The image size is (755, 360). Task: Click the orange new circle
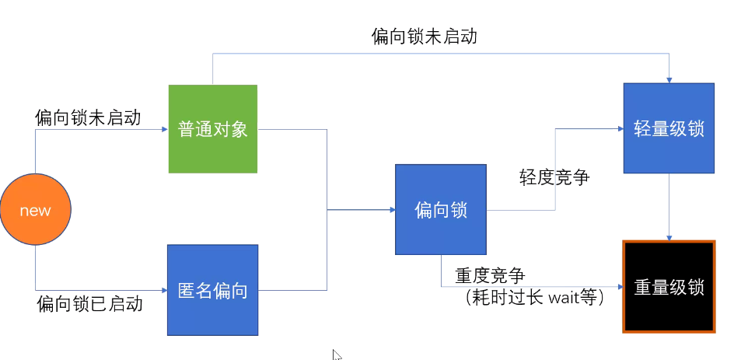pyautogui.click(x=35, y=211)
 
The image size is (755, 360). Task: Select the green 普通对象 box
pyautogui.click(x=212, y=128)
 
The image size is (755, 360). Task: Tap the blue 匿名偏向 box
pyautogui.click(x=212, y=290)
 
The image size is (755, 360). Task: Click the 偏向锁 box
pyautogui.click(x=440, y=209)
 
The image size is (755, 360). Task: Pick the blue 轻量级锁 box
pyautogui.click(x=669, y=128)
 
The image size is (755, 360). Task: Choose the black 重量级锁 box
pyautogui.click(x=669, y=287)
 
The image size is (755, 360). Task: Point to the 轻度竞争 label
pyautogui.click(x=554, y=177)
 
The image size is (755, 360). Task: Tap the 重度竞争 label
pyautogui.click(x=490, y=275)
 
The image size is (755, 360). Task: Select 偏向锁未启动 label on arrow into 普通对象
pyautogui.click(x=88, y=117)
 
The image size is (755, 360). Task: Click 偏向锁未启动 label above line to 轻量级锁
pyautogui.click(x=424, y=37)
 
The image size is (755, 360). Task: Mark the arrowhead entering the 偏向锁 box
pyautogui.click(x=390, y=209)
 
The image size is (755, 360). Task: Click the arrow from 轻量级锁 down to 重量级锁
pyautogui.click(x=669, y=206)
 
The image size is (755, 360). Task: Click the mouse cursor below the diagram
pyautogui.click(x=337, y=355)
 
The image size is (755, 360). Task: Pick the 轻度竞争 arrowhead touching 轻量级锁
pyautogui.click(x=619, y=129)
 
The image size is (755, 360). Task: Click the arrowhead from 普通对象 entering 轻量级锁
pyautogui.click(x=669, y=79)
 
